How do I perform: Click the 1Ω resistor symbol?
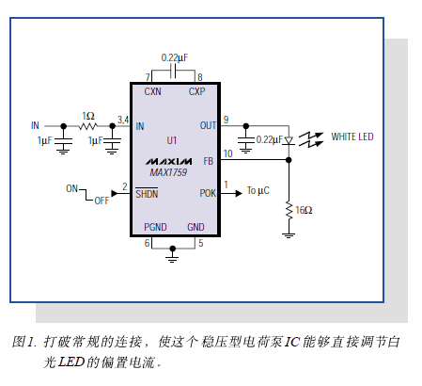tap(88, 126)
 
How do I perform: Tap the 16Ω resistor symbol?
tap(289, 210)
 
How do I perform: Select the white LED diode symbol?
tap(289, 141)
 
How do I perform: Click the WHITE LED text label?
tap(352, 137)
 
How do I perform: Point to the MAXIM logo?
tap(168, 161)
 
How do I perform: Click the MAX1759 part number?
tap(168, 172)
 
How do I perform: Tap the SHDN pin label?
tap(147, 194)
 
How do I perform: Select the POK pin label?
tap(208, 193)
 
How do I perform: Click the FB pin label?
tap(209, 161)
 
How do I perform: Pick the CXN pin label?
tap(152, 91)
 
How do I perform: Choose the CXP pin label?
tap(196, 91)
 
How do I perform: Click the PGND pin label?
tap(155, 227)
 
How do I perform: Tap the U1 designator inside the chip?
tap(172, 140)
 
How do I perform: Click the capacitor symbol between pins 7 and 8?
tap(173, 72)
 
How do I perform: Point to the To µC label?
tap(258, 190)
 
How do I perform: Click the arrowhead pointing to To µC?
tap(239, 193)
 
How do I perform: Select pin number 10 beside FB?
tap(227, 153)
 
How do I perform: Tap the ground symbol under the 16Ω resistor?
tap(289, 235)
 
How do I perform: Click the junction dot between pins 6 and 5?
tap(172, 249)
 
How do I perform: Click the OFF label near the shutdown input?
tap(102, 201)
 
